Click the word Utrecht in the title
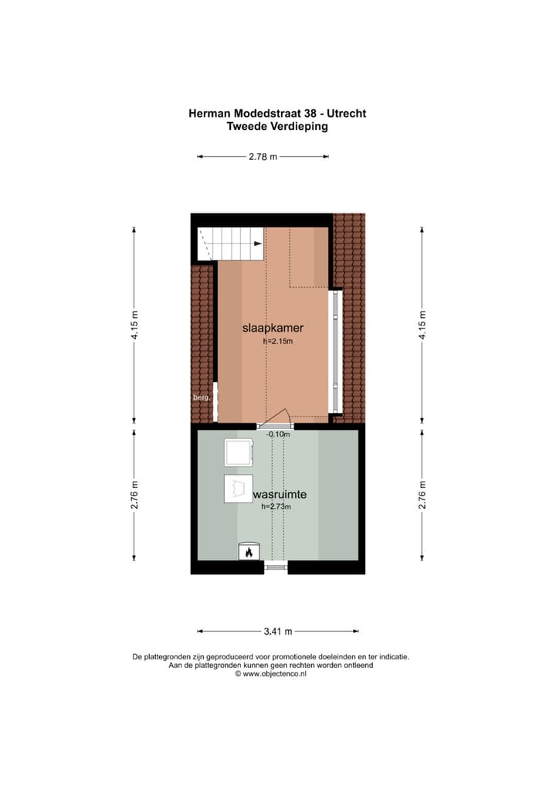[345, 114]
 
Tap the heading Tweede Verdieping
[277, 127]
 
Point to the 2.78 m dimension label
[263, 157]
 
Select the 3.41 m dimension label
[277, 631]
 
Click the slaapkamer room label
[267, 329]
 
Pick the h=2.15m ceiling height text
[278, 341]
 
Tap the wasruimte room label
[280, 493]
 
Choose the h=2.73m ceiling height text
[278, 506]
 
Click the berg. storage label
[201, 398]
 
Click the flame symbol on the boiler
[248, 552]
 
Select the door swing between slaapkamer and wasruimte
[276, 417]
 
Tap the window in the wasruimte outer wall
[276, 567]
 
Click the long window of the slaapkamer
[335, 352]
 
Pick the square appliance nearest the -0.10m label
[238, 452]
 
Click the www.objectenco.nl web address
[274, 673]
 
